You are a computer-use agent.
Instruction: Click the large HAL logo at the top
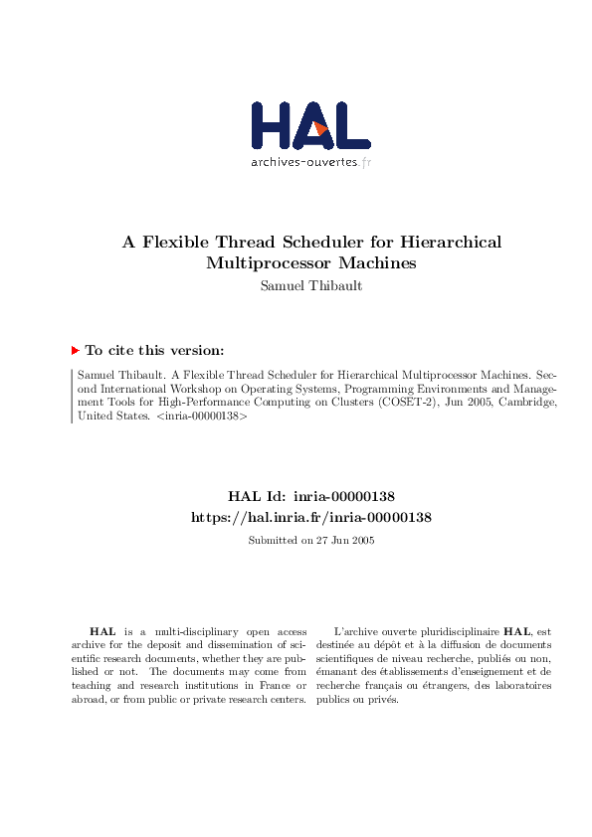(309, 125)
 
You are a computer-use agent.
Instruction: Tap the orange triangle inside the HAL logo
(320, 128)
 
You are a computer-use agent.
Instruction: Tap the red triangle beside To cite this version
(76, 350)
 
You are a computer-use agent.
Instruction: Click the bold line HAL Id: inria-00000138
(311, 496)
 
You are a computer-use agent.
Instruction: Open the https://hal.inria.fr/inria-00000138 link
(310, 518)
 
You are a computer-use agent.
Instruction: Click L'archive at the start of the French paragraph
(354, 631)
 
